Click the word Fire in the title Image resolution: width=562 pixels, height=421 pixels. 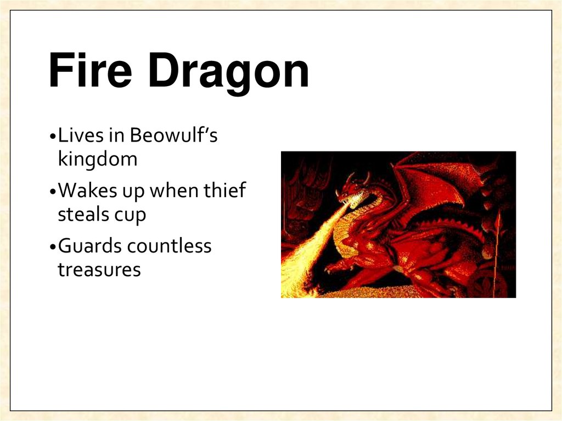click(87, 72)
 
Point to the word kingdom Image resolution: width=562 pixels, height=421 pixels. click(97, 160)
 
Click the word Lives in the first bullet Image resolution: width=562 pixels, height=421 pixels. click(77, 136)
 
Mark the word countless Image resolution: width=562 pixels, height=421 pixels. click(169, 245)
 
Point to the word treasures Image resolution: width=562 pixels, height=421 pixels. click(99, 270)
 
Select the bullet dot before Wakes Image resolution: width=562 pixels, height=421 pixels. click(52, 192)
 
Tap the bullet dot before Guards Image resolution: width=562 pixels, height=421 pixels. click(52, 247)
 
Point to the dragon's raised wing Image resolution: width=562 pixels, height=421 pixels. click(434, 181)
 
